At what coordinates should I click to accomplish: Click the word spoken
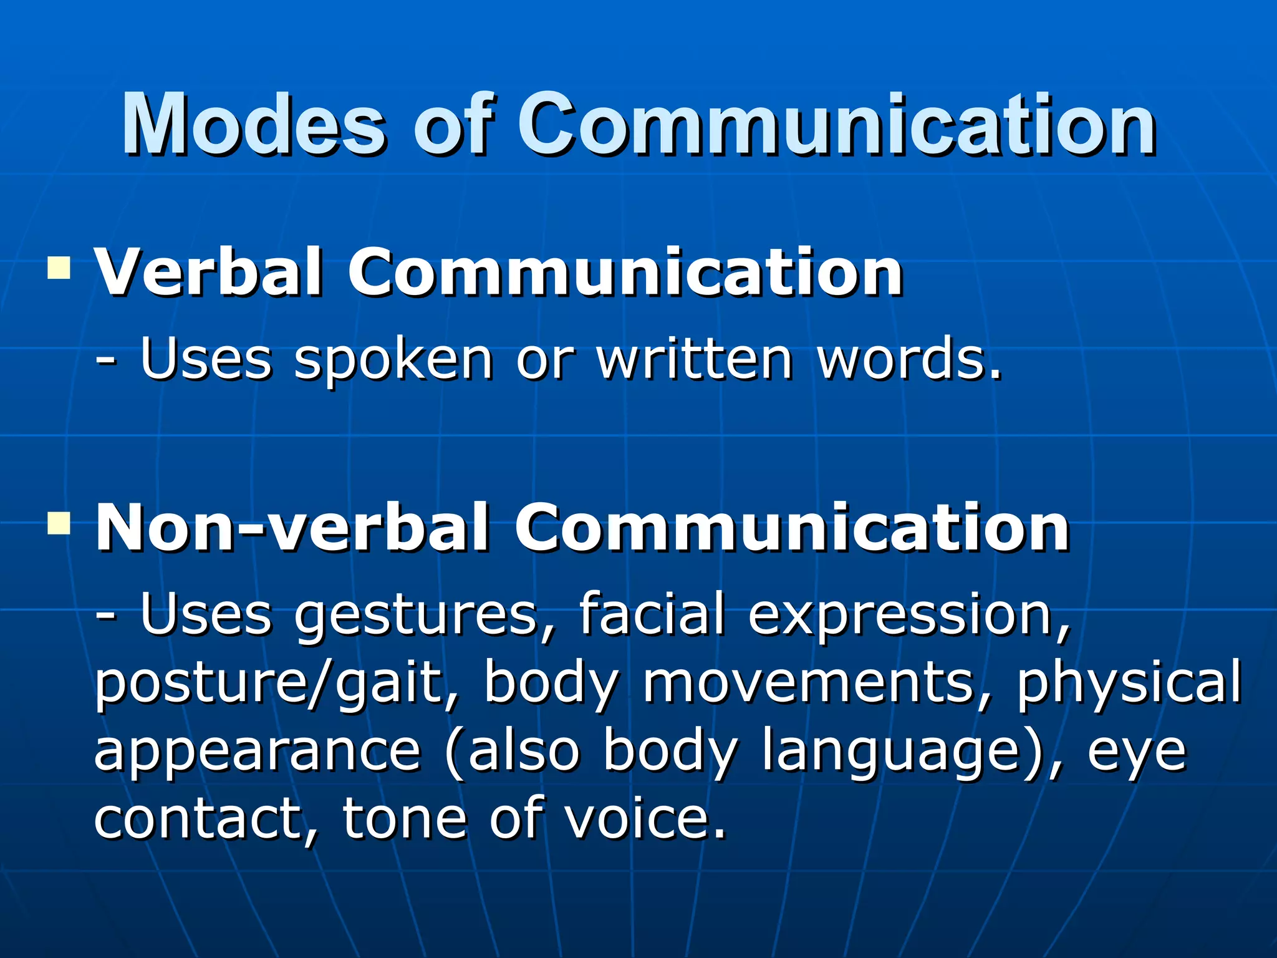click(393, 360)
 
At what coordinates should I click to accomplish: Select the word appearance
click(258, 752)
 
